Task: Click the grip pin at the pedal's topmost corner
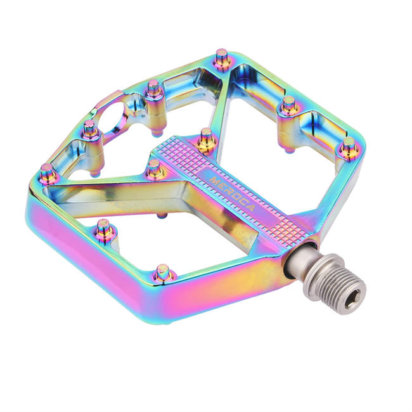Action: click(222, 59)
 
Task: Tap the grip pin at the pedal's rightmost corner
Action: click(348, 148)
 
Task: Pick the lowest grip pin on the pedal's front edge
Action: click(164, 273)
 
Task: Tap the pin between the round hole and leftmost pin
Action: click(90, 129)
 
